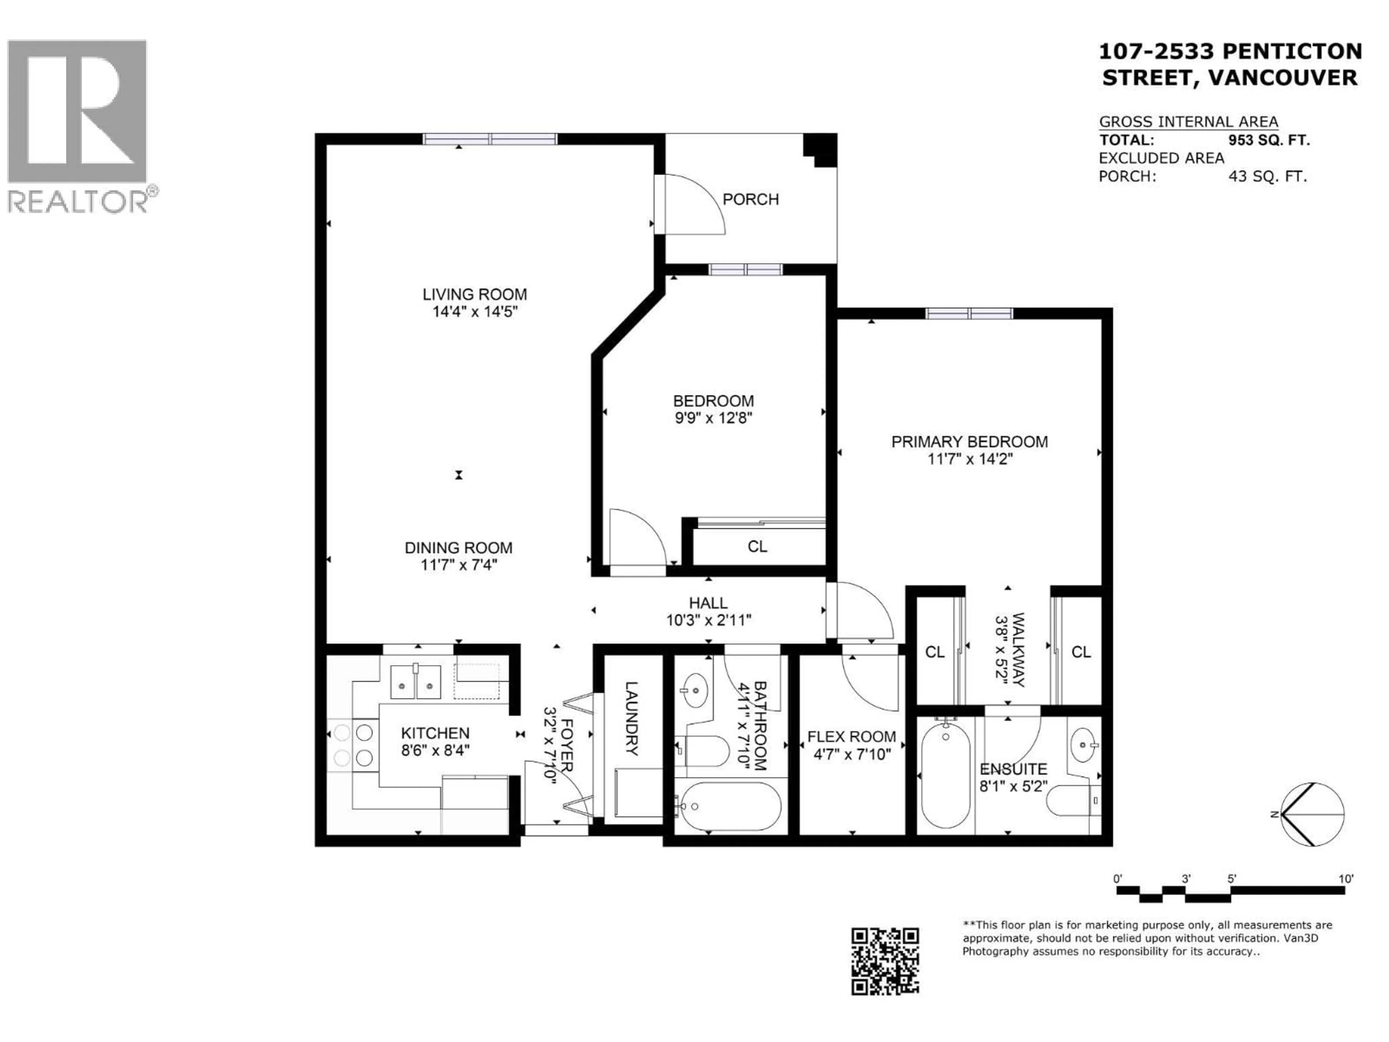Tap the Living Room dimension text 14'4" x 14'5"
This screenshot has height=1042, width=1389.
(x=475, y=312)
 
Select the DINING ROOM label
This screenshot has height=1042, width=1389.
(x=458, y=548)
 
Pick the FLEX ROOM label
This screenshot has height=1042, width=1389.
(x=851, y=737)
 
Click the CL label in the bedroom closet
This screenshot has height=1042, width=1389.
(x=757, y=546)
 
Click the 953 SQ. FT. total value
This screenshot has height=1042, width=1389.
(x=1269, y=140)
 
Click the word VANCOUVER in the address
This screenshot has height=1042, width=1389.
(x=1283, y=77)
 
